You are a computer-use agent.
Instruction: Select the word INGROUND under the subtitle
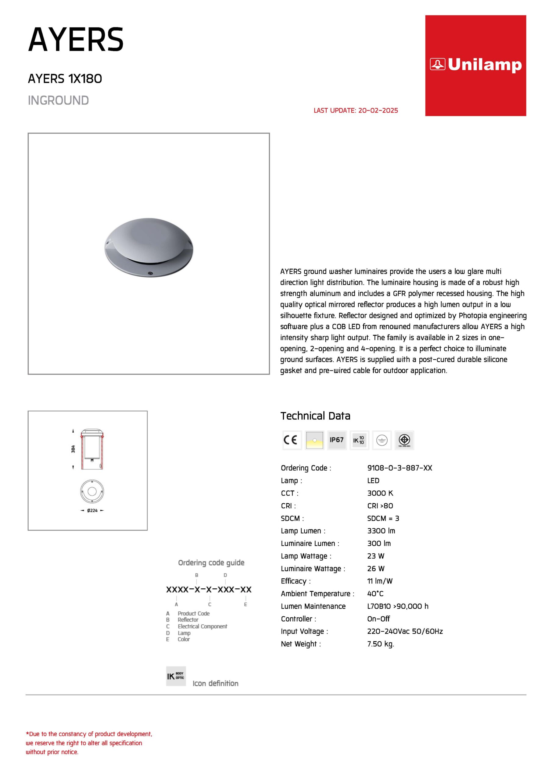(x=58, y=101)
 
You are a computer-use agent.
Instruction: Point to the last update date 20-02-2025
(x=378, y=110)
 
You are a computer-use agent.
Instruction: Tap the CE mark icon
(x=292, y=440)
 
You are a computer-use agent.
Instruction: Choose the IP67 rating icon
(x=336, y=440)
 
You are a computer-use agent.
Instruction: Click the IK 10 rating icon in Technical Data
(x=359, y=440)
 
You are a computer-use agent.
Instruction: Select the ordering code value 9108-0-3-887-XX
(x=399, y=468)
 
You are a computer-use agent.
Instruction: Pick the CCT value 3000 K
(x=380, y=493)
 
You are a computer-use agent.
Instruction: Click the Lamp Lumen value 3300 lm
(x=381, y=531)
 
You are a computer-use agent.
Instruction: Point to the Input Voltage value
(x=405, y=631)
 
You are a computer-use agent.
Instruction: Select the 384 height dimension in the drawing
(x=73, y=449)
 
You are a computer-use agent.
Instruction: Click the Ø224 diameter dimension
(x=92, y=510)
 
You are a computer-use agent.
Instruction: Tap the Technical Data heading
(x=315, y=416)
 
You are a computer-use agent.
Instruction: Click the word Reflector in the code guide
(x=188, y=620)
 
